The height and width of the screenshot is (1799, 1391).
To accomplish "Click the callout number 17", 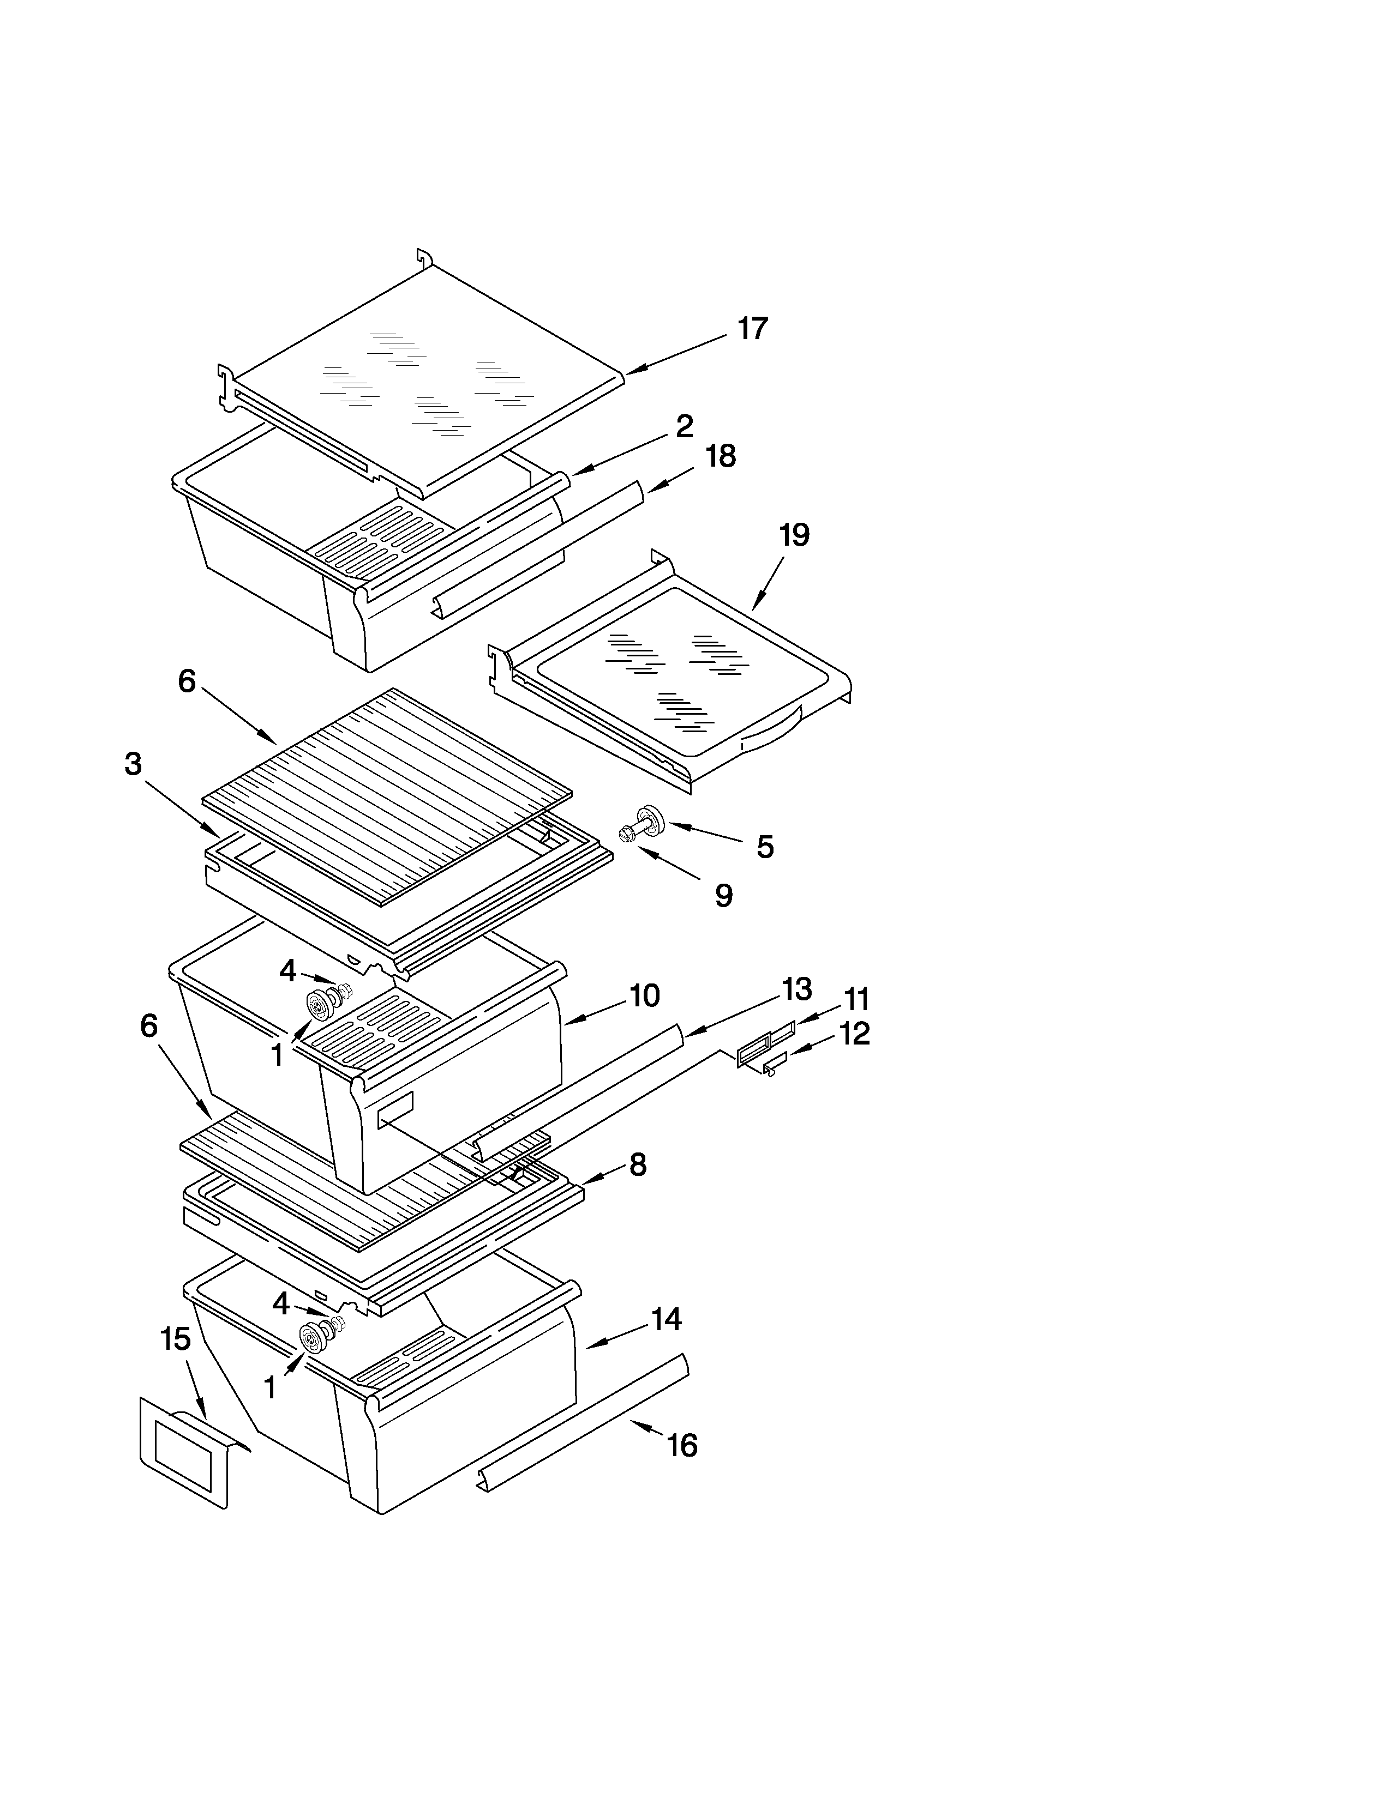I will click(752, 329).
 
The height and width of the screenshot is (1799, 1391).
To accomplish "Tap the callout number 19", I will click(794, 535).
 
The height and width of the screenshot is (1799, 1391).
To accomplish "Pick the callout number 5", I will click(765, 847).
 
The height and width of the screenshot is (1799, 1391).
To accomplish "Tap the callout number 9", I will click(723, 895).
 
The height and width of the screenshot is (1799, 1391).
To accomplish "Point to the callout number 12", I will click(855, 1033).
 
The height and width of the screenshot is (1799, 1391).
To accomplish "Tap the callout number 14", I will click(667, 1320).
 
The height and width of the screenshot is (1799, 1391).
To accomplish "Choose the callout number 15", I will click(176, 1338).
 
